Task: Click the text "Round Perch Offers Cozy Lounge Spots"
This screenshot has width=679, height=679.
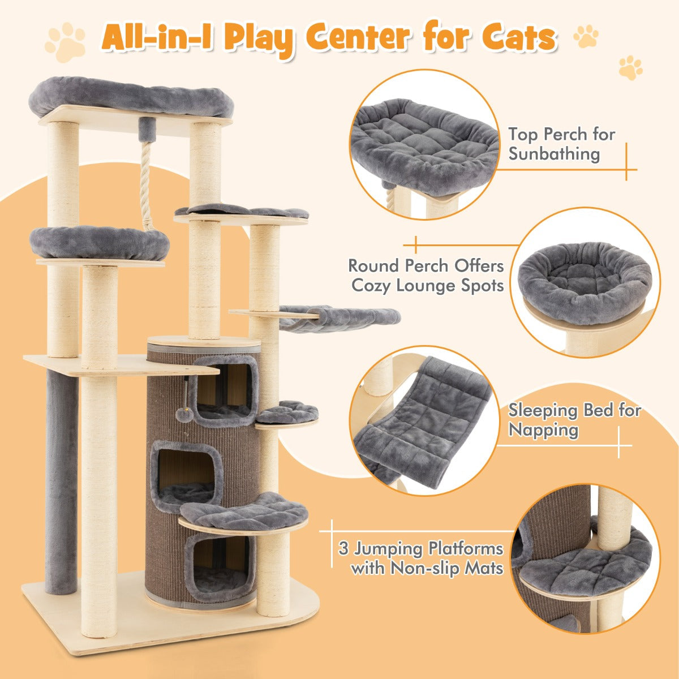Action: [x=426, y=275]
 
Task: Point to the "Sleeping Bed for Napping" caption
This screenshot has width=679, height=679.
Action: [x=574, y=420]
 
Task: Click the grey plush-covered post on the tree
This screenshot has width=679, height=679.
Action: [x=61, y=481]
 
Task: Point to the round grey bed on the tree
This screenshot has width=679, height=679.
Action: [x=100, y=242]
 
